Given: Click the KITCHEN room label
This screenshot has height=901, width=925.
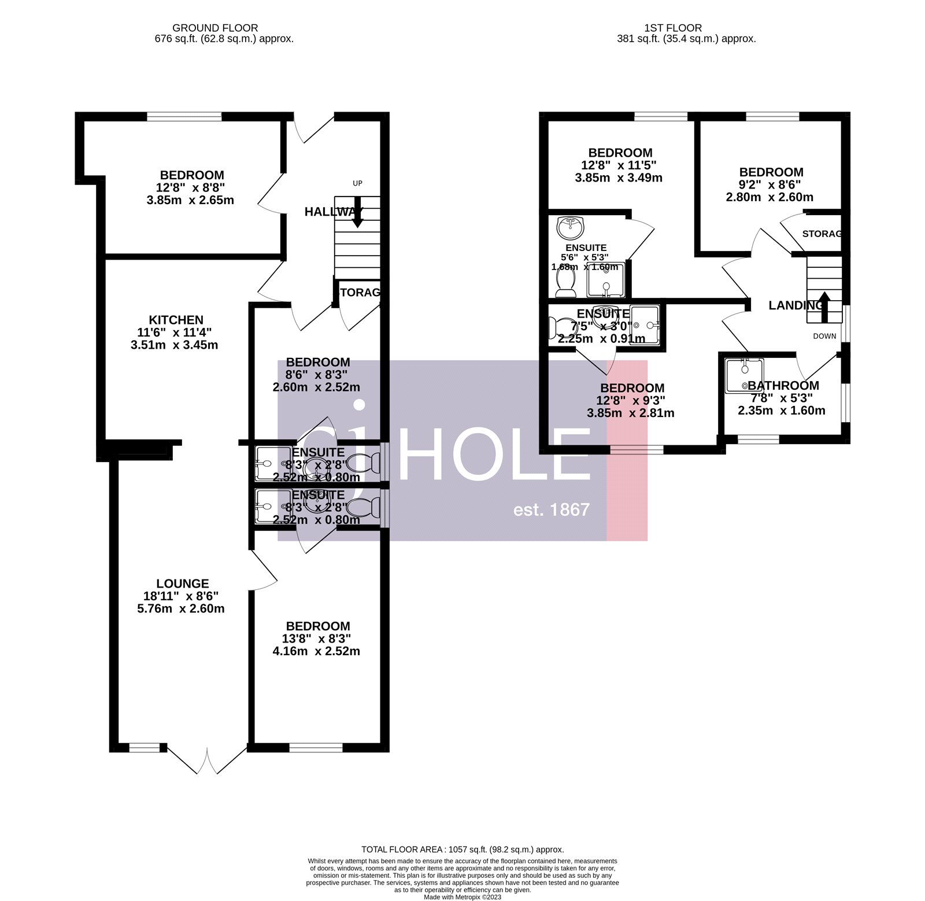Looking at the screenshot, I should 176,320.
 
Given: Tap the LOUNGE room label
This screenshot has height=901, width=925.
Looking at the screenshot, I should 183,584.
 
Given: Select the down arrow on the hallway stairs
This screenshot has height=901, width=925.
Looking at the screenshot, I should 357,212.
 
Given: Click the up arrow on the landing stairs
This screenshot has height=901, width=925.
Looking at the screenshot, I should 824,306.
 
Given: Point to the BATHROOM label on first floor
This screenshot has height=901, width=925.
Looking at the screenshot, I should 783,386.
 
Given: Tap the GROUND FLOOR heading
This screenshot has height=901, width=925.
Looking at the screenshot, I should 215,28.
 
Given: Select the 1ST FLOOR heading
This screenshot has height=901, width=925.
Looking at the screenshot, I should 673,28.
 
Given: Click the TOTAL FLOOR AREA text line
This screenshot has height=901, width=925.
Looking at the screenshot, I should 462,850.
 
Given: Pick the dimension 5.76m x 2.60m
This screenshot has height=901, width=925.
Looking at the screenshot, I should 183,608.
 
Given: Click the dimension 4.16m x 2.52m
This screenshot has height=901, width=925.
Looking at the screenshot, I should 316,651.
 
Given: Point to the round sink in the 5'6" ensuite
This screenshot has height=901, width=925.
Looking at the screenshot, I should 571,227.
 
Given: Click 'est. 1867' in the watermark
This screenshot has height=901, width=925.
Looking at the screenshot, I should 552,509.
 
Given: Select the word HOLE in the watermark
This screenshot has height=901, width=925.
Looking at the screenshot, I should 494,454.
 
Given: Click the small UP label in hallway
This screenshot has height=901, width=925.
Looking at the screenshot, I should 357,183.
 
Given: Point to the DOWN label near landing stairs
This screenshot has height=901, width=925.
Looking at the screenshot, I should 824,336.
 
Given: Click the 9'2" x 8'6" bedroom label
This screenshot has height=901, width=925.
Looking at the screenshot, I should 771,184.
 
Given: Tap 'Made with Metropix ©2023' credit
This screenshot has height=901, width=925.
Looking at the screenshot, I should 462,897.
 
